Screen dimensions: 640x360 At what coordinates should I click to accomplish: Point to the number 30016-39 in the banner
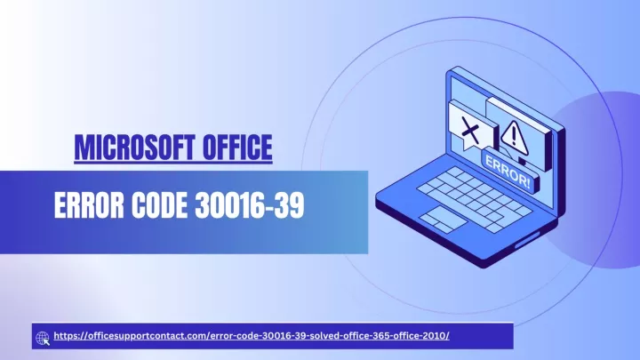tap(250, 205)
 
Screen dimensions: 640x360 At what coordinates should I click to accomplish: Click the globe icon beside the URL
tap(43, 338)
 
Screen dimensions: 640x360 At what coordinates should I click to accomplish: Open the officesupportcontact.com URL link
tap(252, 336)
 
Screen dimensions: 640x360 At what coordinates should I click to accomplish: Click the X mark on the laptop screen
tap(470, 130)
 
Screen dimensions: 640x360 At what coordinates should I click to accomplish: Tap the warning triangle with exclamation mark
tap(515, 137)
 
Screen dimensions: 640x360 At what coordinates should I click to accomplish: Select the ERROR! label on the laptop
tap(508, 172)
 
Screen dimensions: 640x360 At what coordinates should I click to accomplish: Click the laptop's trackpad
tap(443, 220)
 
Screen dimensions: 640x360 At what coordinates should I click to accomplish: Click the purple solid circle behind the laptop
tap(608, 180)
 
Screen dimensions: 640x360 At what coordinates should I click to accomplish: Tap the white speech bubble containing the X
tap(473, 125)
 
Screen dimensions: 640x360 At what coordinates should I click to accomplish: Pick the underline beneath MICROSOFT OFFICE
tap(173, 163)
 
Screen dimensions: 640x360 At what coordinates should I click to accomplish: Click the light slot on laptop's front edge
tap(530, 240)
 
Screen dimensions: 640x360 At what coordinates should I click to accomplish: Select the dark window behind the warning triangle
tap(519, 132)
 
